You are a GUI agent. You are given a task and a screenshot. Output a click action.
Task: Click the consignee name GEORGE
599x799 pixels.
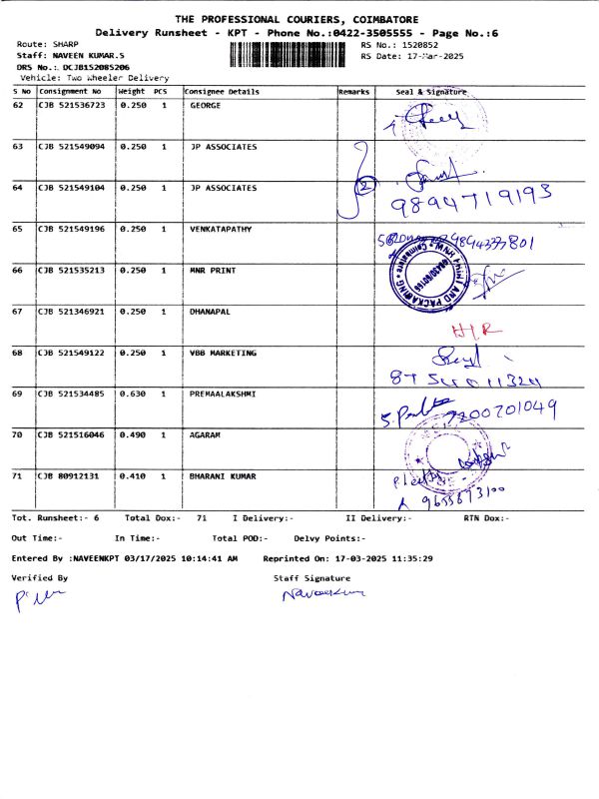pos(205,105)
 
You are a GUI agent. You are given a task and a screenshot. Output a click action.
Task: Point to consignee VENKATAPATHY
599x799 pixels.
pos(220,229)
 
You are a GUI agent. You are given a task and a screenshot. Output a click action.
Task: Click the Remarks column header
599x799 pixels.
pos(354,92)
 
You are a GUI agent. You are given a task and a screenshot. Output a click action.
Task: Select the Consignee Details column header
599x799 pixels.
pos(222,92)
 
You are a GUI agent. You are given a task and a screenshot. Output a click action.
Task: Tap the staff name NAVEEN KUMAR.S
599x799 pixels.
pos(88,56)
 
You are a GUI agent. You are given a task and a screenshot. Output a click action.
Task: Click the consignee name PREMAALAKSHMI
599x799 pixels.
pos(223,394)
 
